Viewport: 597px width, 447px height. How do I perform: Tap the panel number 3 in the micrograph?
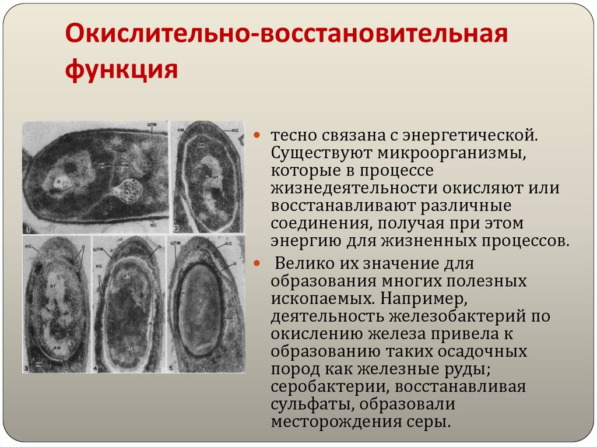click(x=27, y=368)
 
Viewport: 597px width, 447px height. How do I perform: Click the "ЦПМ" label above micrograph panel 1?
click(x=153, y=124)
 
